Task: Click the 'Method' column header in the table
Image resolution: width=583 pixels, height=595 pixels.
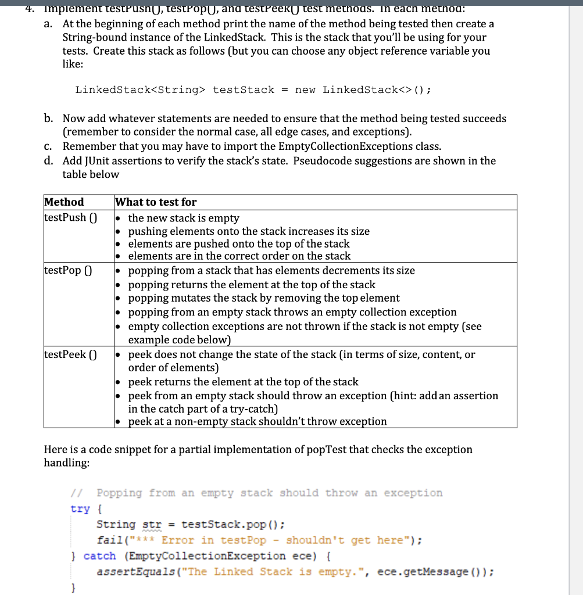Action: click(x=64, y=202)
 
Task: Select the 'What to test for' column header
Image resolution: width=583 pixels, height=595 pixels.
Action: click(x=156, y=202)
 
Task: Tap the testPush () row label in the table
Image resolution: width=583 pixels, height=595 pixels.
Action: click(x=70, y=218)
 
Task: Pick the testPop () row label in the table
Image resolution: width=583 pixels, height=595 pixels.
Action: click(x=67, y=271)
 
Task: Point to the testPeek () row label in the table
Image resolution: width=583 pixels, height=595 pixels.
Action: click(x=70, y=354)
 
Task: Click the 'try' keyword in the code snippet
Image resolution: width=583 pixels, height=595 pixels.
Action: click(x=80, y=509)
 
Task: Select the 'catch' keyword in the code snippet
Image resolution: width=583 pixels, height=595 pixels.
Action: click(x=100, y=556)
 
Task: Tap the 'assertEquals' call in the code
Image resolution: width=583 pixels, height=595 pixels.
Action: click(x=129, y=572)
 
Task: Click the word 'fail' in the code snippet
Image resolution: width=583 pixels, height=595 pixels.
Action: click(x=109, y=540)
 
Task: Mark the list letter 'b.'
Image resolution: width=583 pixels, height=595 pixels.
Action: click(x=49, y=119)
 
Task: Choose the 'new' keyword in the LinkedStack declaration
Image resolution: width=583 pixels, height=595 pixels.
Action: click(x=306, y=89)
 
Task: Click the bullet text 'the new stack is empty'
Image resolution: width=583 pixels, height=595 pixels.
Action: click(x=184, y=218)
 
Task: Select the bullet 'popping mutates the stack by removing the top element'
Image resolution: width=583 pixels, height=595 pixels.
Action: click(x=263, y=298)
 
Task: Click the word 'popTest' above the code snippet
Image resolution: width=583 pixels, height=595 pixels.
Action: click(x=321, y=450)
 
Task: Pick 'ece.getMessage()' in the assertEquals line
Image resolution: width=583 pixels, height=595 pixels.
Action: click(x=432, y=572)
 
